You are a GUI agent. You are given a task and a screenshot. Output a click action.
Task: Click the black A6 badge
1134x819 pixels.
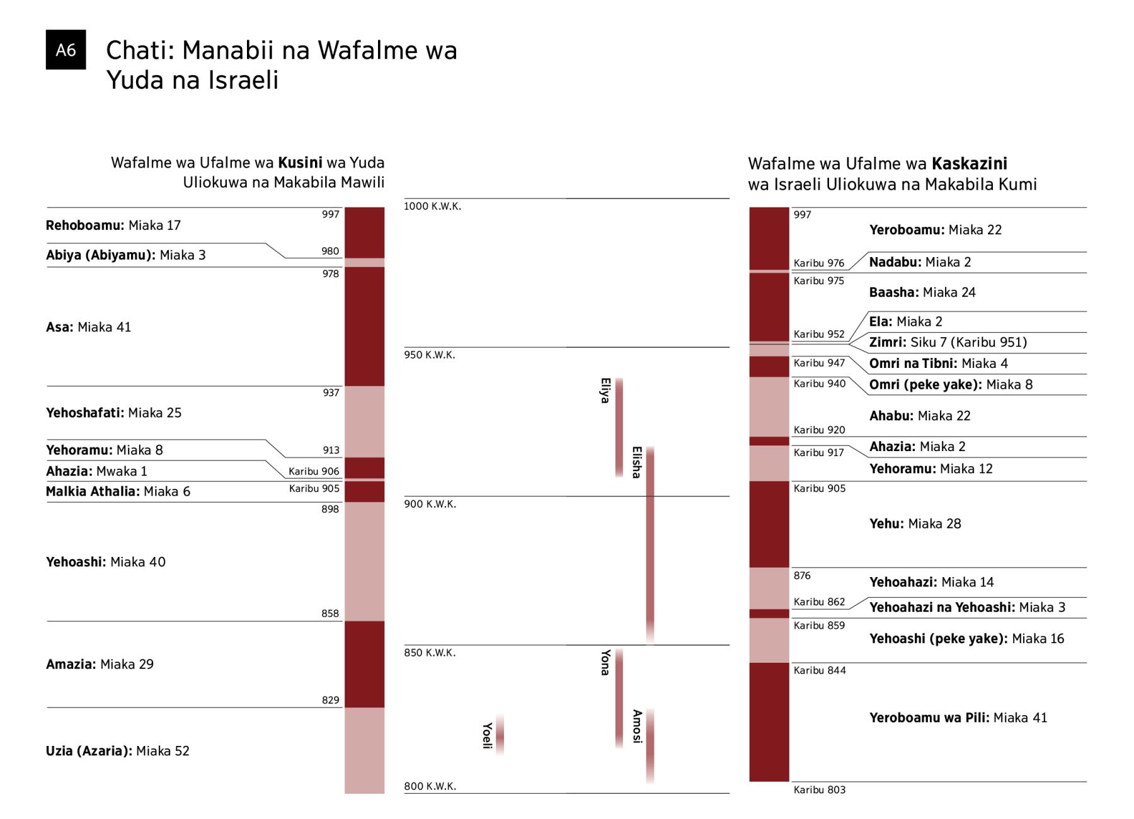click(x=66, y=50)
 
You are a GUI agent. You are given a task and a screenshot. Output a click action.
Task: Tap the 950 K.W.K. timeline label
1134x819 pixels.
click(x=429, y=355)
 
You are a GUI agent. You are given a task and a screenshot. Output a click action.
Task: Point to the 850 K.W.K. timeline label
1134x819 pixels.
click(x=429, y=653)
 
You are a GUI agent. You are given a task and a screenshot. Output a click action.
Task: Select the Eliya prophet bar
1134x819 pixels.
click(x=619, y=427)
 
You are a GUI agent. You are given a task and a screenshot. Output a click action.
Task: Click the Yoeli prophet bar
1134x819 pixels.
click(x=500, y=735)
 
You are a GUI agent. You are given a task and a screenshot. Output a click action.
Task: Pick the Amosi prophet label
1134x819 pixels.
click(x=637, y=726)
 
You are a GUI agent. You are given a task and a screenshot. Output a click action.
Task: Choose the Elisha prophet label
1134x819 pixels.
click(x=636, y=462)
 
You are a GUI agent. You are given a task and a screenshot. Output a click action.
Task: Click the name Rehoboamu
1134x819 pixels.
click(x=84, y=226)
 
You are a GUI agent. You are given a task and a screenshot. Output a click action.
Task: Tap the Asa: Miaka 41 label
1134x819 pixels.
click(x=88, y=327)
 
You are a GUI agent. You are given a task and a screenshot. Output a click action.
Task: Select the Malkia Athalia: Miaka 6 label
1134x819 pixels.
click(x=118, y=491)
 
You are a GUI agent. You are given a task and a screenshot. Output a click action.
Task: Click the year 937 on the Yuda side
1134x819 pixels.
click(x=331, y=393)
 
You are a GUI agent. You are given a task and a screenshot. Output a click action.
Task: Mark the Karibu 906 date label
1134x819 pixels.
click(x=314, y=471)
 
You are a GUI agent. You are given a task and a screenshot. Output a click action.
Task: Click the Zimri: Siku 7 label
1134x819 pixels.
click(x=948, y=342)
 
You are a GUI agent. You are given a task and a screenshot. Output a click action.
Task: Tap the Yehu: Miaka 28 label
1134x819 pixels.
click(x=915, y=524)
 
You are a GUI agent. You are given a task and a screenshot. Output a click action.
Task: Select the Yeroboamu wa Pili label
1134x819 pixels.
click(x=958, y=718)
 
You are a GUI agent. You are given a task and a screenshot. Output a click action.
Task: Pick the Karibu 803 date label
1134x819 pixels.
click(x=819, y=790)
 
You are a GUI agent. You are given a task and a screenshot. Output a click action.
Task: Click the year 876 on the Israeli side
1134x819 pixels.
click(x=802, y=576)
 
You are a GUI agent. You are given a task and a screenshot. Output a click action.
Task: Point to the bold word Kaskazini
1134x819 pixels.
click(x=969, y=164)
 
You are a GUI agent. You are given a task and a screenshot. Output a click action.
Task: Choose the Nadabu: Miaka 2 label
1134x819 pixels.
click(x=920, y=262)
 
